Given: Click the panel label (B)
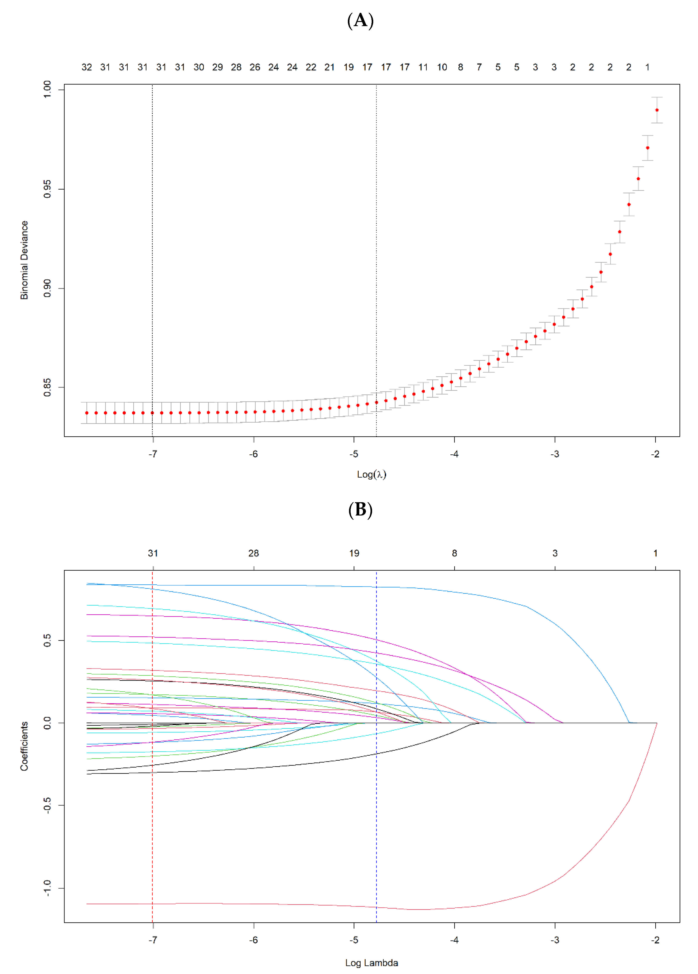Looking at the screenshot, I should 360,510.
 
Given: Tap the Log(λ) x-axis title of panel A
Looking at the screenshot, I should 371,474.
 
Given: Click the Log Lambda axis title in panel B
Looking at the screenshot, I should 371,963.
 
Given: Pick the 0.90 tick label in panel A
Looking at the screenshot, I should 47,288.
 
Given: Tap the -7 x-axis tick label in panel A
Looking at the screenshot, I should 153,454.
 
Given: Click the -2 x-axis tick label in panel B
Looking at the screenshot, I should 655,940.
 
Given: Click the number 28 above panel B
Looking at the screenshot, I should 254,553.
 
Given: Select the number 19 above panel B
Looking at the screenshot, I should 354,553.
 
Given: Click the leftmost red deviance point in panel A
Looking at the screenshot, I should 87,413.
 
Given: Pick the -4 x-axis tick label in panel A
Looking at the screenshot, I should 454,454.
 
